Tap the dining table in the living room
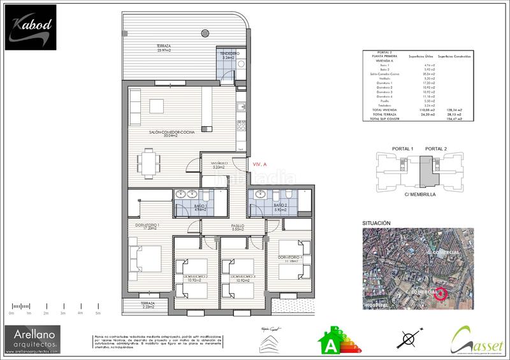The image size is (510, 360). (149, 161)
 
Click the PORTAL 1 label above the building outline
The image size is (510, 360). (403, 149)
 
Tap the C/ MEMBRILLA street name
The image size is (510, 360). (421, 194)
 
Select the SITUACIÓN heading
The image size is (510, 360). (376, 223)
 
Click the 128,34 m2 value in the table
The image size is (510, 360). (454, 110)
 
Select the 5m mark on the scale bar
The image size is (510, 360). (98, 313)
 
